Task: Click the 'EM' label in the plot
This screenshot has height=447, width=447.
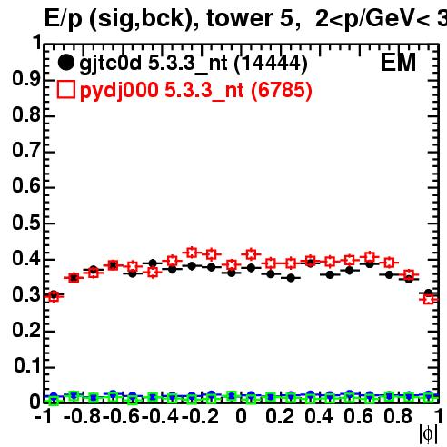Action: click(398, 63)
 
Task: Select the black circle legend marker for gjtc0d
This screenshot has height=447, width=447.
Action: click(65, 63)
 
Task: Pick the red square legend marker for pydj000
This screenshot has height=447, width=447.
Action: click(66, 89)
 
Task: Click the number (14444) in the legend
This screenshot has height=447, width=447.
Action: click(271, 64)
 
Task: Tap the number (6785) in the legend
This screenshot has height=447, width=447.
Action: click(282, 90)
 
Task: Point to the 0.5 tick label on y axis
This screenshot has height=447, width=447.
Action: click(26, 223)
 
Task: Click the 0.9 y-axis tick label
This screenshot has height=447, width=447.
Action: click(26, 79)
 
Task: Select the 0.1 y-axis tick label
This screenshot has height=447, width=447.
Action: click(27, 366)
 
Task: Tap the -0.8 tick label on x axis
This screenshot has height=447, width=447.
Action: click(82, 416)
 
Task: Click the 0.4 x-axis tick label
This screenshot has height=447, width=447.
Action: click(319, 416)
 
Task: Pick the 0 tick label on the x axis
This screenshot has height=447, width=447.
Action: click(241, 416)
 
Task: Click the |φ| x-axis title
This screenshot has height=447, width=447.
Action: click(428, 434)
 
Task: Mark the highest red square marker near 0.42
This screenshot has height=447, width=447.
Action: click(192, 253)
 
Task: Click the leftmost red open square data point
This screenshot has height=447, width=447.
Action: click(54, 297)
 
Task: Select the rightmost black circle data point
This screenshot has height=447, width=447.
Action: click(428, 293)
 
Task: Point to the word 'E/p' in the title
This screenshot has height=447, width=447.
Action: click(64, 19)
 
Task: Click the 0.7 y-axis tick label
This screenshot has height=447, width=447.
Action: click(26, 151)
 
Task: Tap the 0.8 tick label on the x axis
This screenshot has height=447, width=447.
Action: click(397, 416)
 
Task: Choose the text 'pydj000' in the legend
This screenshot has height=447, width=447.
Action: click(119, 91)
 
